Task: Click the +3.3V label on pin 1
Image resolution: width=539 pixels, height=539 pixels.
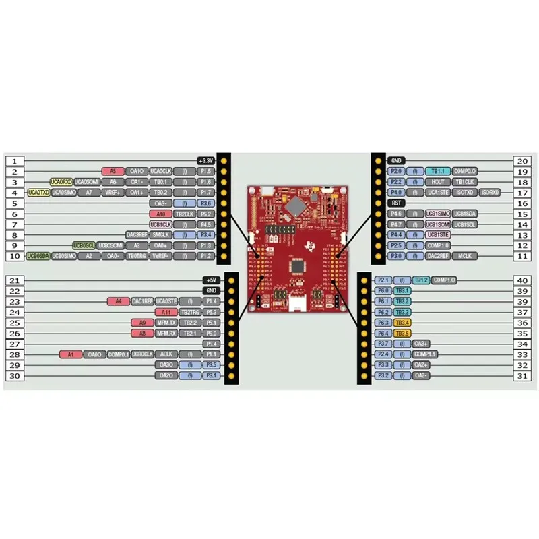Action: click(x=205, y=160)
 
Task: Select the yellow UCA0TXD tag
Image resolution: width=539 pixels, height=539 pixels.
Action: click(x=38, y=193)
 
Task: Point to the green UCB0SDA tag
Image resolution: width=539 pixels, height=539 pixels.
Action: click(x=38, y=256)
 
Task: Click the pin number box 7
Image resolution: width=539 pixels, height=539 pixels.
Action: click(x=15, y=224)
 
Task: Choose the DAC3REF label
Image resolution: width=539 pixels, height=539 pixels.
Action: click(x=136, y=234)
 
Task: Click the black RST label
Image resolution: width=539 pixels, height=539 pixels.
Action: click(x=396, y=203)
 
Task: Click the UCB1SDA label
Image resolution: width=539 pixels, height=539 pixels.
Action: click(x=465, y=214)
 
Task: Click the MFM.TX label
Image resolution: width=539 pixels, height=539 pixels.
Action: click(x=166, y=322)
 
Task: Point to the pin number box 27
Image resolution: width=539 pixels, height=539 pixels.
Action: click(x=15, y=344)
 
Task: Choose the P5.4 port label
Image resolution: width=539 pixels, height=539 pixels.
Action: click(x=211, y=344)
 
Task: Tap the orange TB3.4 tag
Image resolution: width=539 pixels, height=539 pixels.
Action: click(x=402, y=323)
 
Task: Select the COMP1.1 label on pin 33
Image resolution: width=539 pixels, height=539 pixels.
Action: click(x=425, y=354)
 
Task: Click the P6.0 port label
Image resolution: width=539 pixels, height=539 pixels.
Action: click(x=382, y=290)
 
